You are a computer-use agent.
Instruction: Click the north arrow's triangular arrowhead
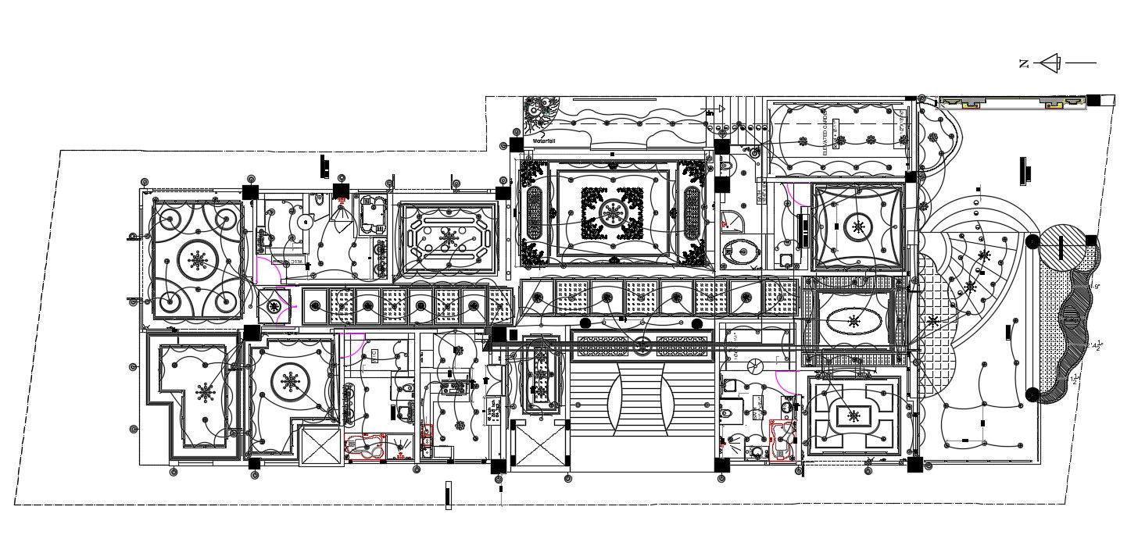(1050, 63)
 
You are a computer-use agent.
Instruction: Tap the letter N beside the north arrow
(1024, 64)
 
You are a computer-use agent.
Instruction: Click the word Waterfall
(544, 141)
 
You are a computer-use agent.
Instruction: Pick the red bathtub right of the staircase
(782, 441)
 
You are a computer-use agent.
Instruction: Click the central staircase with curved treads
(642, 398)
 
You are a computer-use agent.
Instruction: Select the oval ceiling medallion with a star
(853, 320)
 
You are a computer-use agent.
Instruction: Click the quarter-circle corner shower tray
(732, 221)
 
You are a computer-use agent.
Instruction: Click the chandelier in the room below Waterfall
(612, 209)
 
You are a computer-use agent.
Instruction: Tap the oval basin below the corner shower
(742, 251)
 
